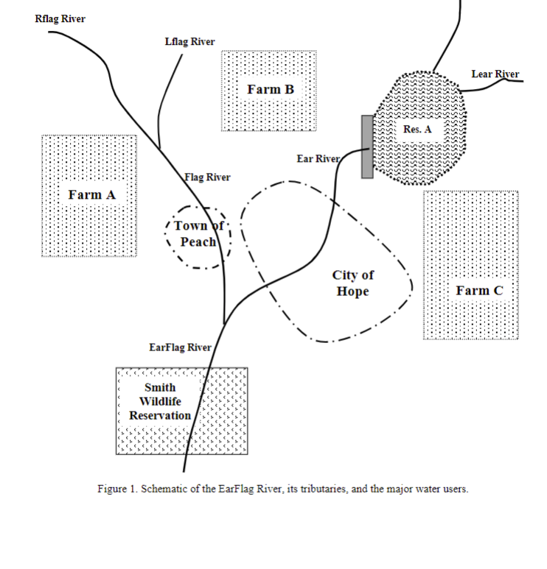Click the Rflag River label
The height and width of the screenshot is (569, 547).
point(60,18)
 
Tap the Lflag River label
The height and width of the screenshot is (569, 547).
point(189,41)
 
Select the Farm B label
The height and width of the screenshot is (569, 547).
point(271,89)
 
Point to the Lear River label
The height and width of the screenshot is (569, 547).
point(495,74)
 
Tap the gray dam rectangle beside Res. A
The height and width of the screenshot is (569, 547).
point(367,146)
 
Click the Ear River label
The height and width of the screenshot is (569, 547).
point(318,158)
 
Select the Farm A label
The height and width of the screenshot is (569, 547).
point(91,194)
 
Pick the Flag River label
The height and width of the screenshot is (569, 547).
point(207,177)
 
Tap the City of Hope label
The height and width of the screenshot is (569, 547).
point(353,283)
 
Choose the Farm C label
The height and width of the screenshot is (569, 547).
point(479,290)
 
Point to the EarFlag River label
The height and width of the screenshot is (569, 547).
point(180,347)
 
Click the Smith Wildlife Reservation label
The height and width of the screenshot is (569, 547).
point(160,401)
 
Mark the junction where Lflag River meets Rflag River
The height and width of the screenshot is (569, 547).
point(159,149)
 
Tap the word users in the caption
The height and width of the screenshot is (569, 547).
point(452,490)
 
